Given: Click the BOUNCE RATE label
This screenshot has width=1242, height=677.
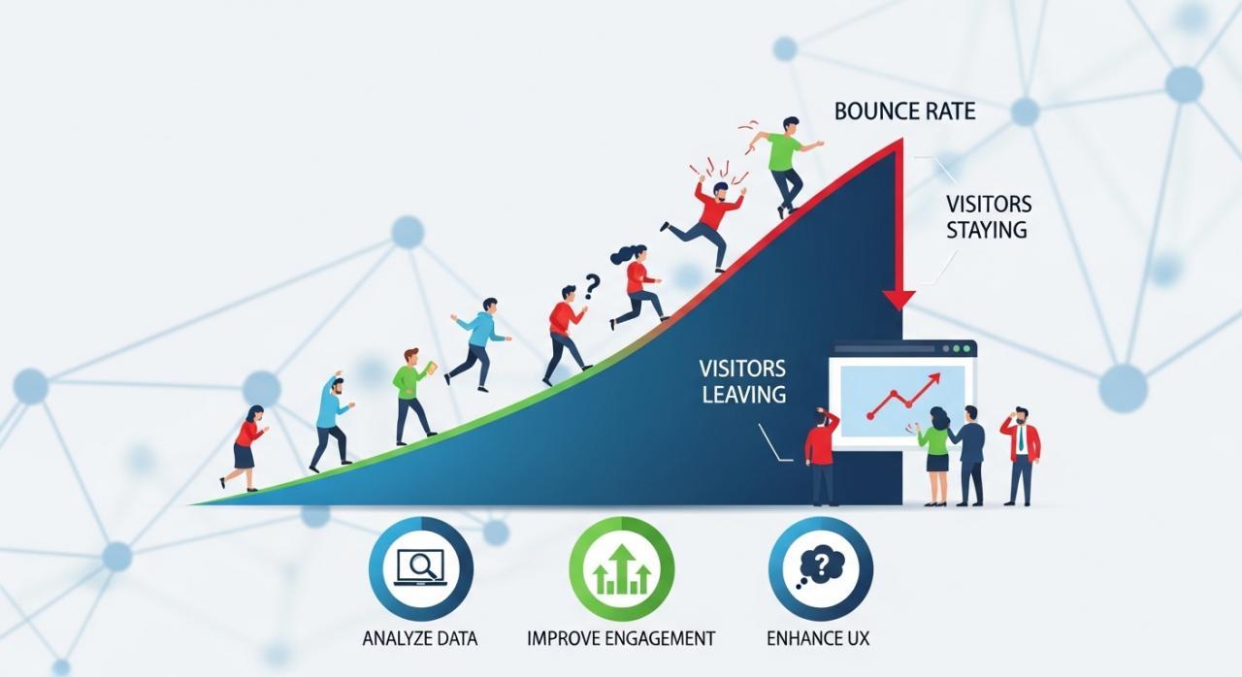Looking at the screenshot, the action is pos(904,112).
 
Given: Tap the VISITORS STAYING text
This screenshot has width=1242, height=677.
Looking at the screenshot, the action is pos(988,216).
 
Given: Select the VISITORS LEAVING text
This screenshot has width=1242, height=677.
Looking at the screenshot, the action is pos(743,381).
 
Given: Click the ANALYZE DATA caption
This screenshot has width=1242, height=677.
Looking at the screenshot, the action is pos(420,638).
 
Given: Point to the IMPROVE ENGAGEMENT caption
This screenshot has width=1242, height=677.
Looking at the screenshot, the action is pos(621,638).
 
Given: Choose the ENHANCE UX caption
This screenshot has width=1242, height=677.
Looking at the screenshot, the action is pos(818,638).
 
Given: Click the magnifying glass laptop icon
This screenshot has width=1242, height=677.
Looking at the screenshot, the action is pos(421,567).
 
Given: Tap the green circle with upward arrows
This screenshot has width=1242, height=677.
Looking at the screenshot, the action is pos(622,569).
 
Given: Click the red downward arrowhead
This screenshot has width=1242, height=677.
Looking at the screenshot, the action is pos(899,300).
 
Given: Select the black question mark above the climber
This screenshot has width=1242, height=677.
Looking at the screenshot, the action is pos(592,286).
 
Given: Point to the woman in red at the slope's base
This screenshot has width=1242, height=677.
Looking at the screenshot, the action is pos(245,448).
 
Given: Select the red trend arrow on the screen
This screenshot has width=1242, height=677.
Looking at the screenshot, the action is pos(903,396).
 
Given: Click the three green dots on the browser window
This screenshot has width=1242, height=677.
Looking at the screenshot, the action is pos(956,349).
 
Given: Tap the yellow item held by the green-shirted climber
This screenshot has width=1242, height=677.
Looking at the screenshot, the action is pos(430,368).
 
